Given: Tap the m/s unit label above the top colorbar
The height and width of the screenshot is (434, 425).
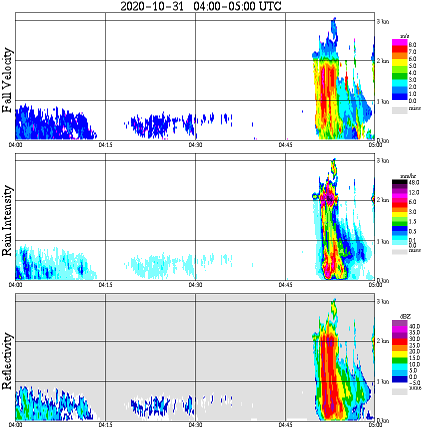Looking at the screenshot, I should pos(405,36).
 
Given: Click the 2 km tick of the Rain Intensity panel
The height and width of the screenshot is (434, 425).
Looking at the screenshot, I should pos(383,200).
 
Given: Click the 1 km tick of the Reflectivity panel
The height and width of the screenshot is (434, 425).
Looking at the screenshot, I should pos(383,381).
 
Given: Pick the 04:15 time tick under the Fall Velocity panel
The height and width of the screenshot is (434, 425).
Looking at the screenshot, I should pos(104,145).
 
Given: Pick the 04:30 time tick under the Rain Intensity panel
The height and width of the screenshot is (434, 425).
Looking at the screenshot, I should pos(195,285).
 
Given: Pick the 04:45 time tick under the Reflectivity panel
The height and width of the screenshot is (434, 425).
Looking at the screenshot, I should pos(285,425).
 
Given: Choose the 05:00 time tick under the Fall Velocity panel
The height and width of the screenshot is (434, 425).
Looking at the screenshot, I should pos(375,145).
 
